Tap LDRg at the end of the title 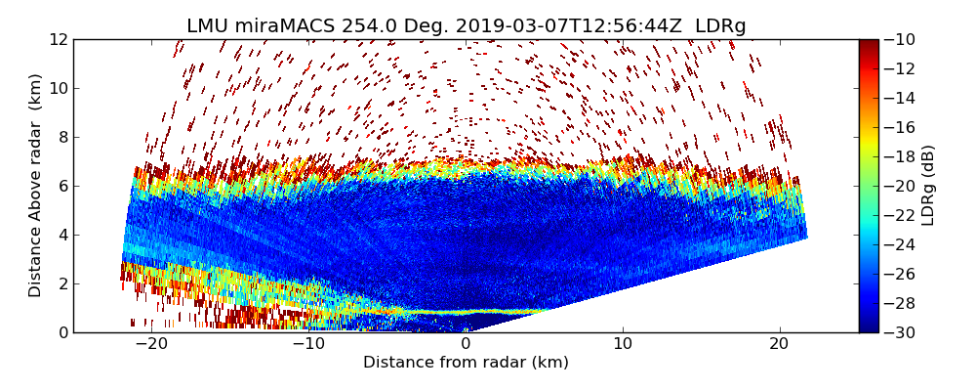point(720,26)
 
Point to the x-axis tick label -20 point(151,344)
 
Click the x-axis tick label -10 point(308,344)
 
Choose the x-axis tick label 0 point(466,344)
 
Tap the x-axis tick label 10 point(623,344)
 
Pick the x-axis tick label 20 point(780,344)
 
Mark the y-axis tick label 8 point(62,137)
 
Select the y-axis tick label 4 point(62,235)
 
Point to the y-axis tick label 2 point(62,283)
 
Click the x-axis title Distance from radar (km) point(466,363)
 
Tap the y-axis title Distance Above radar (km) point(36,186)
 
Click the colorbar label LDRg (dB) point(928,186)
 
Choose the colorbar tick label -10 point(901,39)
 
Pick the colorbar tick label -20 point(901,186)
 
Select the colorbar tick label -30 point(901,332)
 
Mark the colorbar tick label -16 point(901,127)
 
